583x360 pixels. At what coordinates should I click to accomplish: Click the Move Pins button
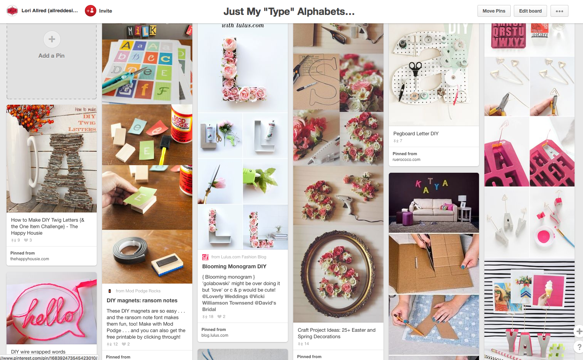point(494,11)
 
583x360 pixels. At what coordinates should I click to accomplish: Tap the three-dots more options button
point(559,11)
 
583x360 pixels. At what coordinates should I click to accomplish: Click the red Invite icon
point(91,11)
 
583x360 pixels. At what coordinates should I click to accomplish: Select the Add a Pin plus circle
point(52,39)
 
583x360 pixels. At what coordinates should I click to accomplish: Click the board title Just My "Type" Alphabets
point(289,11)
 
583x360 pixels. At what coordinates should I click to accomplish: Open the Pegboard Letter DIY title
point(416,133)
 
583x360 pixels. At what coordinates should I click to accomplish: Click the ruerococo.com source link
point(406,160)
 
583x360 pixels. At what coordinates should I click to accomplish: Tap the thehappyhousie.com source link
point(30,259)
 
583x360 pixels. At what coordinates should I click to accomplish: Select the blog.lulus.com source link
point(215,335)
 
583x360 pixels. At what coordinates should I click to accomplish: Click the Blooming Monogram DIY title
point(234,266)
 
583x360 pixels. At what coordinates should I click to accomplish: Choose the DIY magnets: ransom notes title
point(142,300)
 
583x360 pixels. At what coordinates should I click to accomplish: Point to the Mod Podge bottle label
point(181,122)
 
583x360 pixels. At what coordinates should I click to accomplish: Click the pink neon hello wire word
point(50,311)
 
